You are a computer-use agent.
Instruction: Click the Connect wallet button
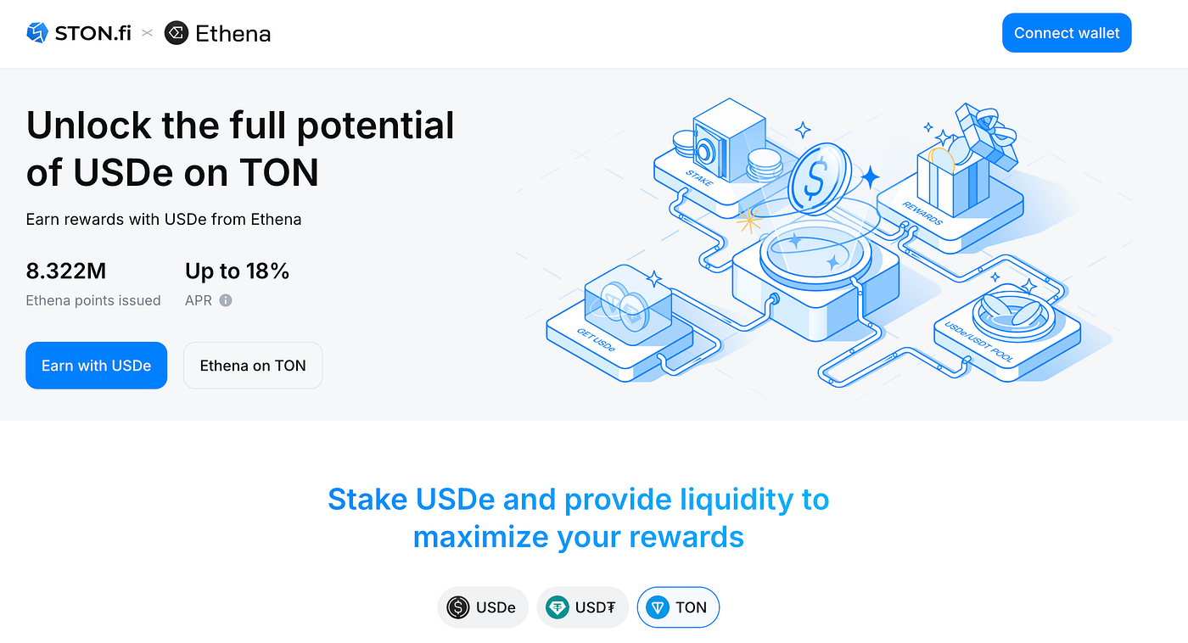[1067, 33]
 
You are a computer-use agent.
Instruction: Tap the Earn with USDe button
[97, 366]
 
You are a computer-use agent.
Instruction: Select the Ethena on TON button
[253, 366]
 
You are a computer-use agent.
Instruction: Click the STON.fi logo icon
[37, 33]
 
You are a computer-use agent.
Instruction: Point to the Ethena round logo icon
[177, 33]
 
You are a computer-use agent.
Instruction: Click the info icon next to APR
[226, 300]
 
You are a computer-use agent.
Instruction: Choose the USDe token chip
[483, 607]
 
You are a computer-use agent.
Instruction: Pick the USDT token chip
[582, 607]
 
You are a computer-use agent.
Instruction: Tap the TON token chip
[678, 607]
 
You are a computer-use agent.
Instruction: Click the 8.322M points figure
[66, 271]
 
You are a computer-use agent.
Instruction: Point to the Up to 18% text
[237, 271]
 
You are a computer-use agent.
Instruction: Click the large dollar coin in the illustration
[819, 177]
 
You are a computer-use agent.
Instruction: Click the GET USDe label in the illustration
[596, 340]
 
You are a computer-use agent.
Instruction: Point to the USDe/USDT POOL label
[979, 342]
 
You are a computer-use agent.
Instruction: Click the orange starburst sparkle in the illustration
[748, 221]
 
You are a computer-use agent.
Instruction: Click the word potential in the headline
[375, 126]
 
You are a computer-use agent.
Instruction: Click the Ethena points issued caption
[93, 300]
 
